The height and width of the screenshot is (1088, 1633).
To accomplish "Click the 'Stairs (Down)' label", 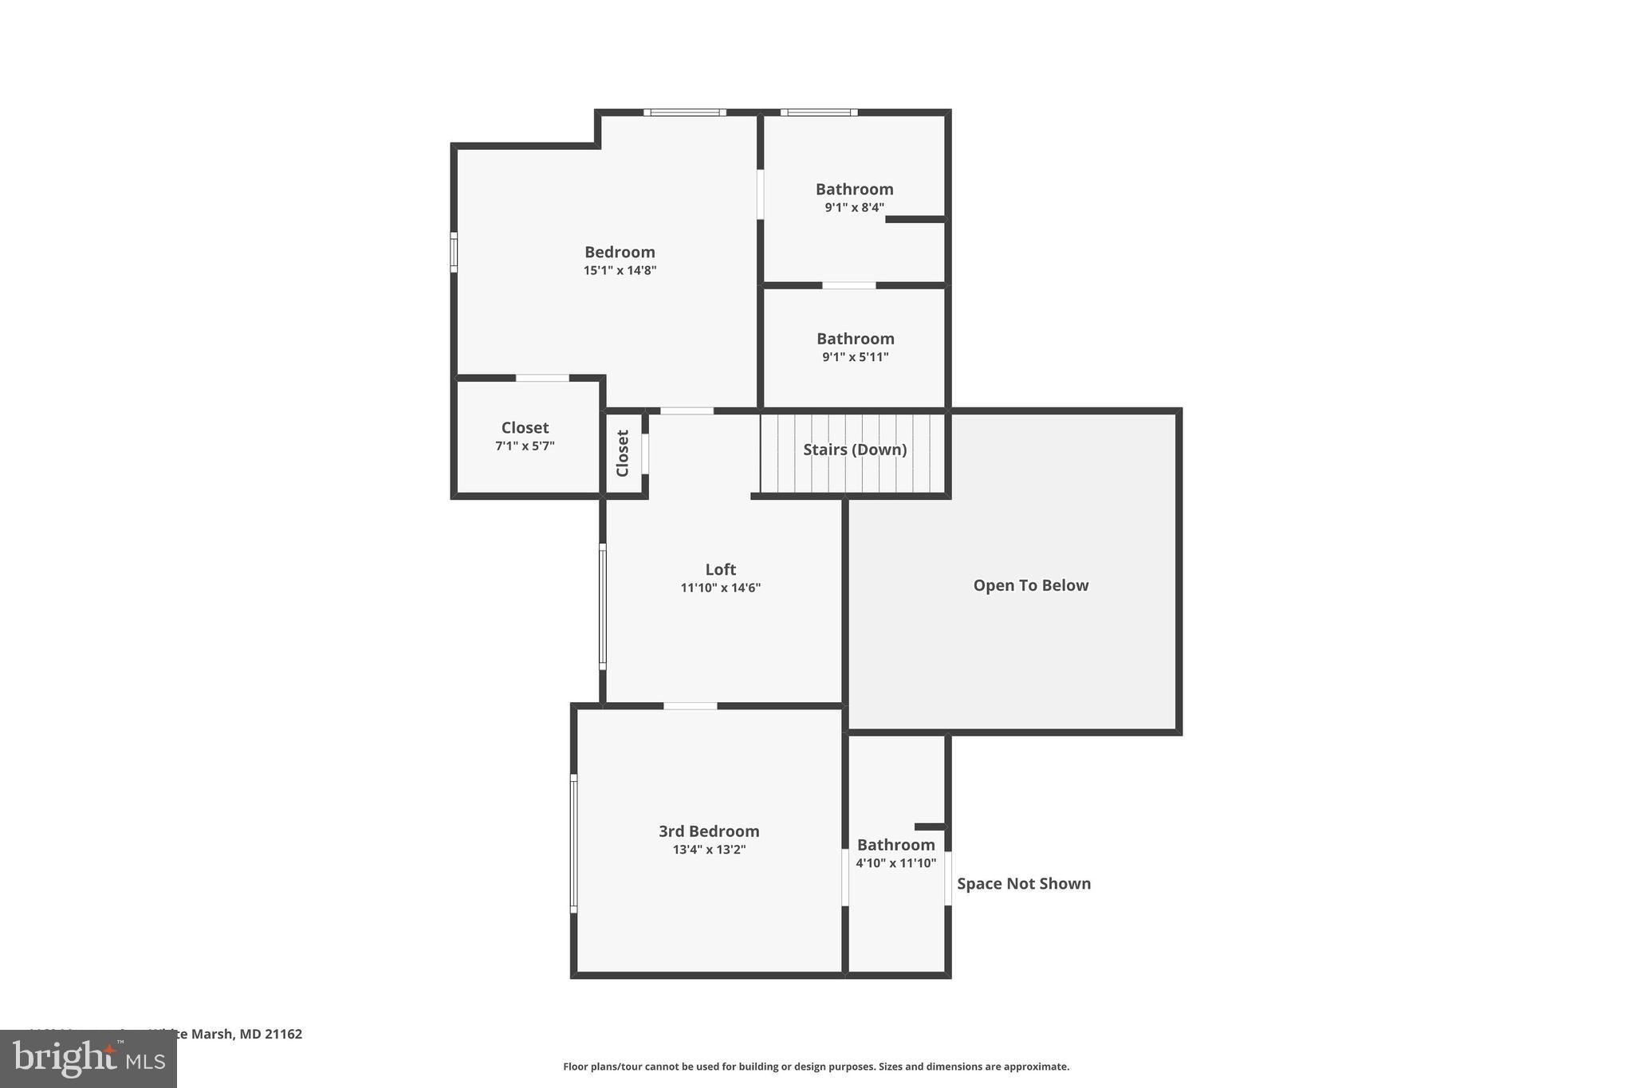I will (x=855, y=450).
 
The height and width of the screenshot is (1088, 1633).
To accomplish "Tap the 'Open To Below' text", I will (x=1030, y=585).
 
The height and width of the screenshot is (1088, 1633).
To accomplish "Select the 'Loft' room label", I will (x=720, y=569).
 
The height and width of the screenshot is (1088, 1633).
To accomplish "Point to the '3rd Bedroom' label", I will (x=709, y=831).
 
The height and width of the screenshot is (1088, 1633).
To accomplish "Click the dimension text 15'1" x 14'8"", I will (x=620, y=270).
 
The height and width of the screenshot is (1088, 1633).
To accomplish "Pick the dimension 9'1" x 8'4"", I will (x=854, y=207).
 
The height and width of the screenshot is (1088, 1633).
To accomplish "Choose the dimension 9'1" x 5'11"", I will (x=855, y=357).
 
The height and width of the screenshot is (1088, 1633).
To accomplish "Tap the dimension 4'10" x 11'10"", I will (x=895, y=862).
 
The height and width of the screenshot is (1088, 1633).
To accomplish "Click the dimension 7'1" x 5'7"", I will (x=525, y=446).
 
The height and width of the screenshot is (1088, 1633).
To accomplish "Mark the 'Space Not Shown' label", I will (x=1024, y=883).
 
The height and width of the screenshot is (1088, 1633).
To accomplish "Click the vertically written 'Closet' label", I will (x=623, y=453).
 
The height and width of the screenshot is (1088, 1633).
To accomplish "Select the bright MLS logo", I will (x=89, y=1059).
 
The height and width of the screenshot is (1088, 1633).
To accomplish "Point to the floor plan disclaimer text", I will (x=816, y=1066).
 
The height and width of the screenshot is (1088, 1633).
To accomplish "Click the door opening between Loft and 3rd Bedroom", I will (x=690, y=705).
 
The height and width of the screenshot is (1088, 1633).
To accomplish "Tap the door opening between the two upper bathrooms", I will (x=848, y=285).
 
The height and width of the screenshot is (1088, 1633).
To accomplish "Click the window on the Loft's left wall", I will (x=603, y=606).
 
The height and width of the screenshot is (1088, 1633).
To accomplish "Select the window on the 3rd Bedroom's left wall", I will (x=573, y=843).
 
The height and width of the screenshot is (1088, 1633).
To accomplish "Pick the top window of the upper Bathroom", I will (x=819, y=112).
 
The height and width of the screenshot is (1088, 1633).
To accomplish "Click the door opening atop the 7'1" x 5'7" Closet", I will (x=542, y=378).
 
